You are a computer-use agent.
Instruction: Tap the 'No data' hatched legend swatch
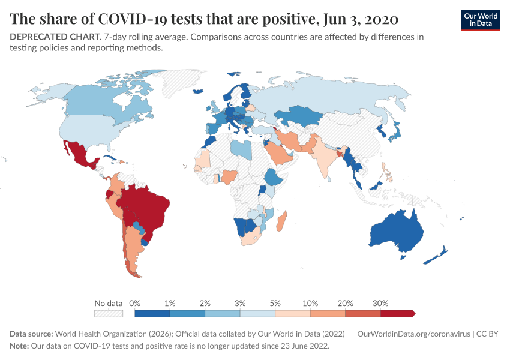[108, 313]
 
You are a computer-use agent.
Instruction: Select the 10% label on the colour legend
[310, 303]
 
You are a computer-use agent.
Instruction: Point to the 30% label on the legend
[380, 303]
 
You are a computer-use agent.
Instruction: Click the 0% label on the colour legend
[135, 303]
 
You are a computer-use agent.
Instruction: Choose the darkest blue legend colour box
[152, 313]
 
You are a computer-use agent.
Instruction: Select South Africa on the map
[252, 237]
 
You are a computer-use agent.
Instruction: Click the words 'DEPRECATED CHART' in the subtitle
[55, 37]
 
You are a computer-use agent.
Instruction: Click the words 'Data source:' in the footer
[31, 334]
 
